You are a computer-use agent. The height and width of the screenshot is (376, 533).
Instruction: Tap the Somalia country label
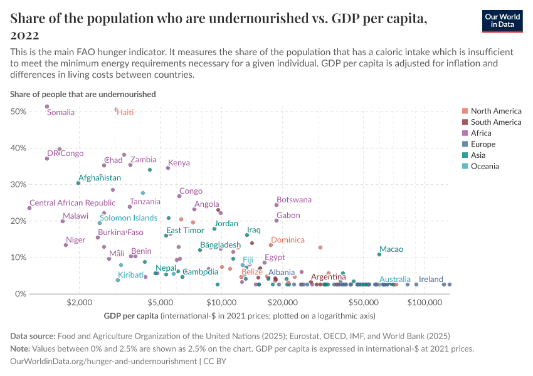coord(61,113)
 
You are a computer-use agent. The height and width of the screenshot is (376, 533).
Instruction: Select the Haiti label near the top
coord(125,112)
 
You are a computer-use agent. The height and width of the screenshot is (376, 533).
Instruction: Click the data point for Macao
coord(379,254)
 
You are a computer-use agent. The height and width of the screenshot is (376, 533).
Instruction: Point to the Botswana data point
coord(277,205)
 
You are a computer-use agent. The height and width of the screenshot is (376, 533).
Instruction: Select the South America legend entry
coord(495,122)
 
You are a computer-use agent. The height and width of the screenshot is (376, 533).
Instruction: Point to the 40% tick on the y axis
coord(18,148)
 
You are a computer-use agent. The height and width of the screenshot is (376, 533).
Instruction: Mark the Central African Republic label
coord(73,203)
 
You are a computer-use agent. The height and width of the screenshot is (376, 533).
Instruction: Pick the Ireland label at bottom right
coord(431,279)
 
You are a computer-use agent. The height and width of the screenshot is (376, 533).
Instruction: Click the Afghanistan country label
coord(100,178)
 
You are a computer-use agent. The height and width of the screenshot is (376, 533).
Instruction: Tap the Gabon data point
coord(277,221)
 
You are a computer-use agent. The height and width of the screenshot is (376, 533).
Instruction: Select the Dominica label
coord(288,240)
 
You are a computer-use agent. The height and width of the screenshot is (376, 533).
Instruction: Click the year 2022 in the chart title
coord(24,35)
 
